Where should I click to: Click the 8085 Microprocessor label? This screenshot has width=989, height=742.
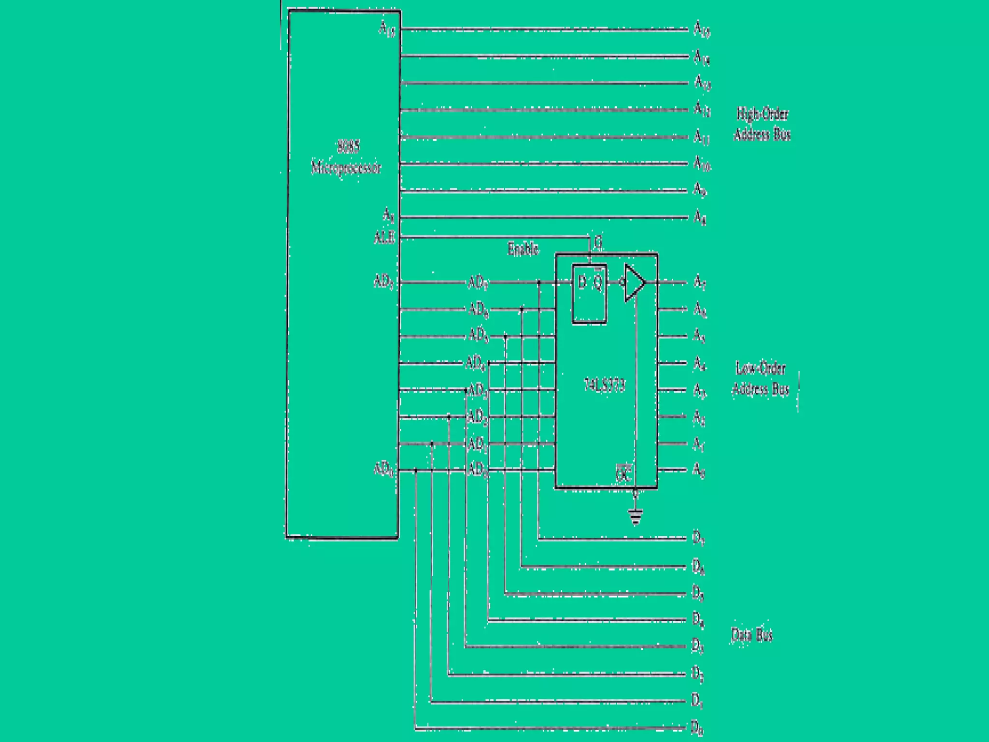point(346,157)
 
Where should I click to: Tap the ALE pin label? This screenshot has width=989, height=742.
point(384,238)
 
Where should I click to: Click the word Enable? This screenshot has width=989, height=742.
point(523,249)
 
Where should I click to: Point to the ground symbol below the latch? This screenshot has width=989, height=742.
point(636,517)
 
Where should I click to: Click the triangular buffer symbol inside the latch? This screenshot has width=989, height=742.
point(634,282)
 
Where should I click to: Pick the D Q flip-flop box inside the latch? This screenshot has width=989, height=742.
point(590,294)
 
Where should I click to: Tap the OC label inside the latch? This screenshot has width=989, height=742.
point(623,474)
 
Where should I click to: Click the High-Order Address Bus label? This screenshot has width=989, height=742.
point(762,124)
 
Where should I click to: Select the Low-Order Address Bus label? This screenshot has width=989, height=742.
point(761,378)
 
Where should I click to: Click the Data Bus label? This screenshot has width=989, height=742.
point(752,634)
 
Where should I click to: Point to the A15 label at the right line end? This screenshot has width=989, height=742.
point(702,29)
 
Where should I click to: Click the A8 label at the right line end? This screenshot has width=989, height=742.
point(700,217)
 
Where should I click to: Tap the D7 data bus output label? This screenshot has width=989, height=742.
point(698,538)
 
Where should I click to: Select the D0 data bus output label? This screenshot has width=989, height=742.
point(697,727)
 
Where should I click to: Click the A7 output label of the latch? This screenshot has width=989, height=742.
point(700,282)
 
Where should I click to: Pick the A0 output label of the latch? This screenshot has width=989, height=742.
point(699,470)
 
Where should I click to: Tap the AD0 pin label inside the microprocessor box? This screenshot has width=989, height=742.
point(384,469)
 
